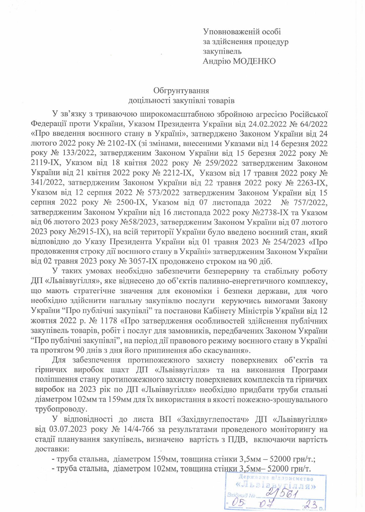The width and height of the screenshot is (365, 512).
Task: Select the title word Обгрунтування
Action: [181, 90]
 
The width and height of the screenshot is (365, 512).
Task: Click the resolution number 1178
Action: [109, 321]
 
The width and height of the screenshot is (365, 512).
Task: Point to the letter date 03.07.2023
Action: [68, 429]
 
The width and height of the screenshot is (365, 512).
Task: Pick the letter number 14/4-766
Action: [139, 429]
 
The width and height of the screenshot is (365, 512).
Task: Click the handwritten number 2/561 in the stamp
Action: [282, 494]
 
